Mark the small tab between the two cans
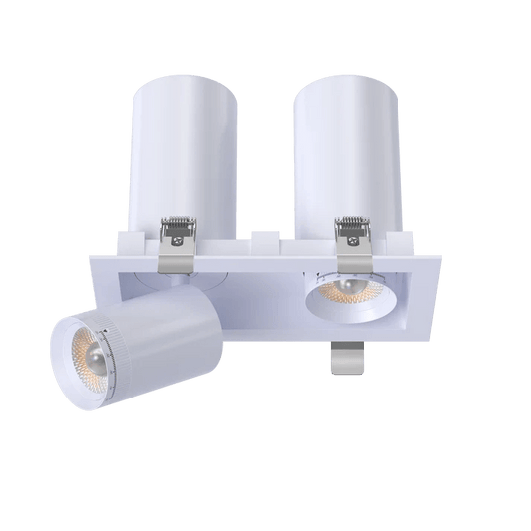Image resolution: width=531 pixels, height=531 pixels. [x=263, y=241]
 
